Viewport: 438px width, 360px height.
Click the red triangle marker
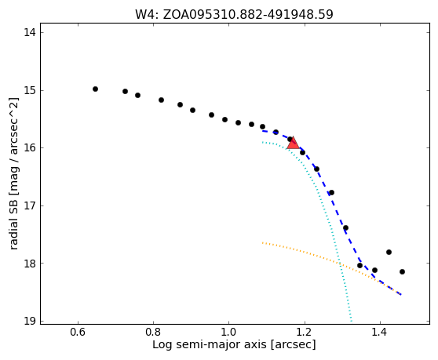click(x=293, y=144)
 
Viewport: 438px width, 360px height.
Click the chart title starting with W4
click(x=234, y=15)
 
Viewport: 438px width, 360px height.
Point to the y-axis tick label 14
click(x=30, y=32)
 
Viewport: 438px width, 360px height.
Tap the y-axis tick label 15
click(x=30, y=90)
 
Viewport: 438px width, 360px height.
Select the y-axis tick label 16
click(x=30, y=147)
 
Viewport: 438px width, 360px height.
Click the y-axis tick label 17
click(x=30, y=205)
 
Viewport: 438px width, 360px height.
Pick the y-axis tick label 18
click(x=30, y=264)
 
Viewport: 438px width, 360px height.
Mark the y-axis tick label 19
click(x=30, y=321)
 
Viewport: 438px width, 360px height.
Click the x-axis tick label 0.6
click(x=78, y=332)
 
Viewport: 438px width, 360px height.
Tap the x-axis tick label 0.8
click(x=153, y=332)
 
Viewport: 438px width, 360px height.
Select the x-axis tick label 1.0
click(x=228, y=332)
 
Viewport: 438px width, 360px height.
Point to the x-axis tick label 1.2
click(x=305, y=332)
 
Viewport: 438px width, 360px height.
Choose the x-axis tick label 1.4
click(x=380, y=332)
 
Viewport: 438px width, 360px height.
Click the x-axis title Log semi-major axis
click(x=210, y=344)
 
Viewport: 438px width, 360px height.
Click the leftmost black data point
click(x=95, y=89)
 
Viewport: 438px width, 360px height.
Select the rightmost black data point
click(x=402, y=272)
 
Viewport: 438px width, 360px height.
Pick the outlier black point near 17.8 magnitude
click(x=389, y=253)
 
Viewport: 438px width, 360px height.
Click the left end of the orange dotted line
click(x=263, y=243)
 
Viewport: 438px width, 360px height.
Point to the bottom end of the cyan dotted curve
click(x=351, y=321)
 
